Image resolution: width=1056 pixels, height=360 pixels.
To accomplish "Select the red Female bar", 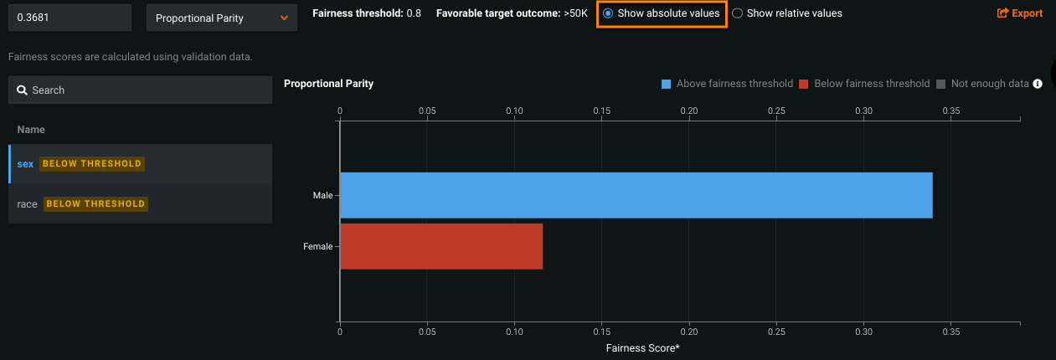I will pos(441,246).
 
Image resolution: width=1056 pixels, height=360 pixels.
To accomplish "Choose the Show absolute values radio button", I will pos(608,13).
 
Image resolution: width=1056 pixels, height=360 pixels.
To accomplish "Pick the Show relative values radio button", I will pos(737,13).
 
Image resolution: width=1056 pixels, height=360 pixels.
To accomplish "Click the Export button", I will pos(1019,13).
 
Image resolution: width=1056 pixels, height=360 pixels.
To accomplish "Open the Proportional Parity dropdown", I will pos(221,18).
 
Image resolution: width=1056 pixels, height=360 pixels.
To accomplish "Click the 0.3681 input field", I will pos(70,18).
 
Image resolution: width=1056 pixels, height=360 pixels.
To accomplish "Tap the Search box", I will pos(140,90).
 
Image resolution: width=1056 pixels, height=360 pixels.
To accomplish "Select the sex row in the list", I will pos(25,163).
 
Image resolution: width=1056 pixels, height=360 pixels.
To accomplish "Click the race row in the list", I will pos(27,203).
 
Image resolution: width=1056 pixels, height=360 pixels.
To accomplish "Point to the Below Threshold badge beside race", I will pos(95,203).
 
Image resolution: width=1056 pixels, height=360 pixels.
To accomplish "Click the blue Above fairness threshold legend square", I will pos(667,84).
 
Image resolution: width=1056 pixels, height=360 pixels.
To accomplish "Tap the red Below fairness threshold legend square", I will pos(804,84).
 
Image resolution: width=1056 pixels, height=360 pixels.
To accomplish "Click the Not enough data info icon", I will pos(1038,84).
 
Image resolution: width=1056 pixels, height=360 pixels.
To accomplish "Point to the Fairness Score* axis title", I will pos(642,347).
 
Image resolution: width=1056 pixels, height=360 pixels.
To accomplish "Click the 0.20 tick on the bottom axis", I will pos(689,332).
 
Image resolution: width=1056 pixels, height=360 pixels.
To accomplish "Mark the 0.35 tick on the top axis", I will pos(951,111).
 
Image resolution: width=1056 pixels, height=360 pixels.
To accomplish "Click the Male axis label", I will pos(322,196).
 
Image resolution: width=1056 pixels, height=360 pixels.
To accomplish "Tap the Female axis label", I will pos(317,246).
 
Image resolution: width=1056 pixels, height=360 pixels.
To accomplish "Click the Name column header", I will pos(31,130).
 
